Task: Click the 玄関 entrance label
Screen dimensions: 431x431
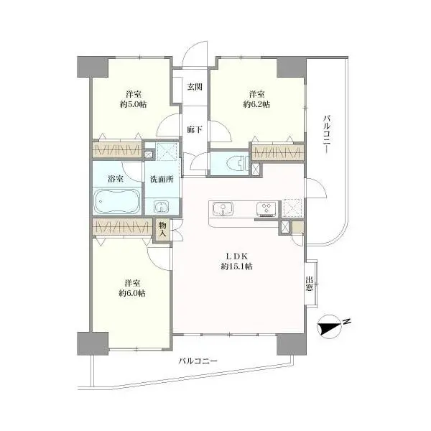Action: coord(195,87)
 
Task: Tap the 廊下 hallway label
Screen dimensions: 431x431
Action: coord(195,129)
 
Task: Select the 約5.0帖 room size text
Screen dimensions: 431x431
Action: coord(134,104)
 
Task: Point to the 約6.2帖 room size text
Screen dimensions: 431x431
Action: coord(256,104)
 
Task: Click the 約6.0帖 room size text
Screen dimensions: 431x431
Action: coord(132,293)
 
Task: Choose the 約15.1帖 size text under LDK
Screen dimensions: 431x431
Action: coord(237,267)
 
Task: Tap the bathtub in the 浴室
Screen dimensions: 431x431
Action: coord(117,200)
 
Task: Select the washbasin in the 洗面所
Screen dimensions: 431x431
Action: coord(162,206)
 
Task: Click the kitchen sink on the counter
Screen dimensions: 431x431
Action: coord(223,209)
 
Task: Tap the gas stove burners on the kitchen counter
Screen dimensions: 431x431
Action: coord(266,209)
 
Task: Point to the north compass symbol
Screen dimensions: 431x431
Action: coord(329,327)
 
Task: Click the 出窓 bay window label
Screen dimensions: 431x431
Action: coord(310,284)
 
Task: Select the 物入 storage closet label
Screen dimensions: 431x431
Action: coord(162,230)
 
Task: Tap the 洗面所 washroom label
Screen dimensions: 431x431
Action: coord(162,179)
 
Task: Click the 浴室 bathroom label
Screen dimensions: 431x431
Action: coord(116,179)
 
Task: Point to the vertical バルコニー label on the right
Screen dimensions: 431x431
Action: coord(327,134)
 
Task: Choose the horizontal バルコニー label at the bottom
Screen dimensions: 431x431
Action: coord(198,361)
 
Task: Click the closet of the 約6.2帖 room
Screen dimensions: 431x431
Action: coord(278,152)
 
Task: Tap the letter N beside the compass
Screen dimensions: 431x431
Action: coord(348,321)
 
